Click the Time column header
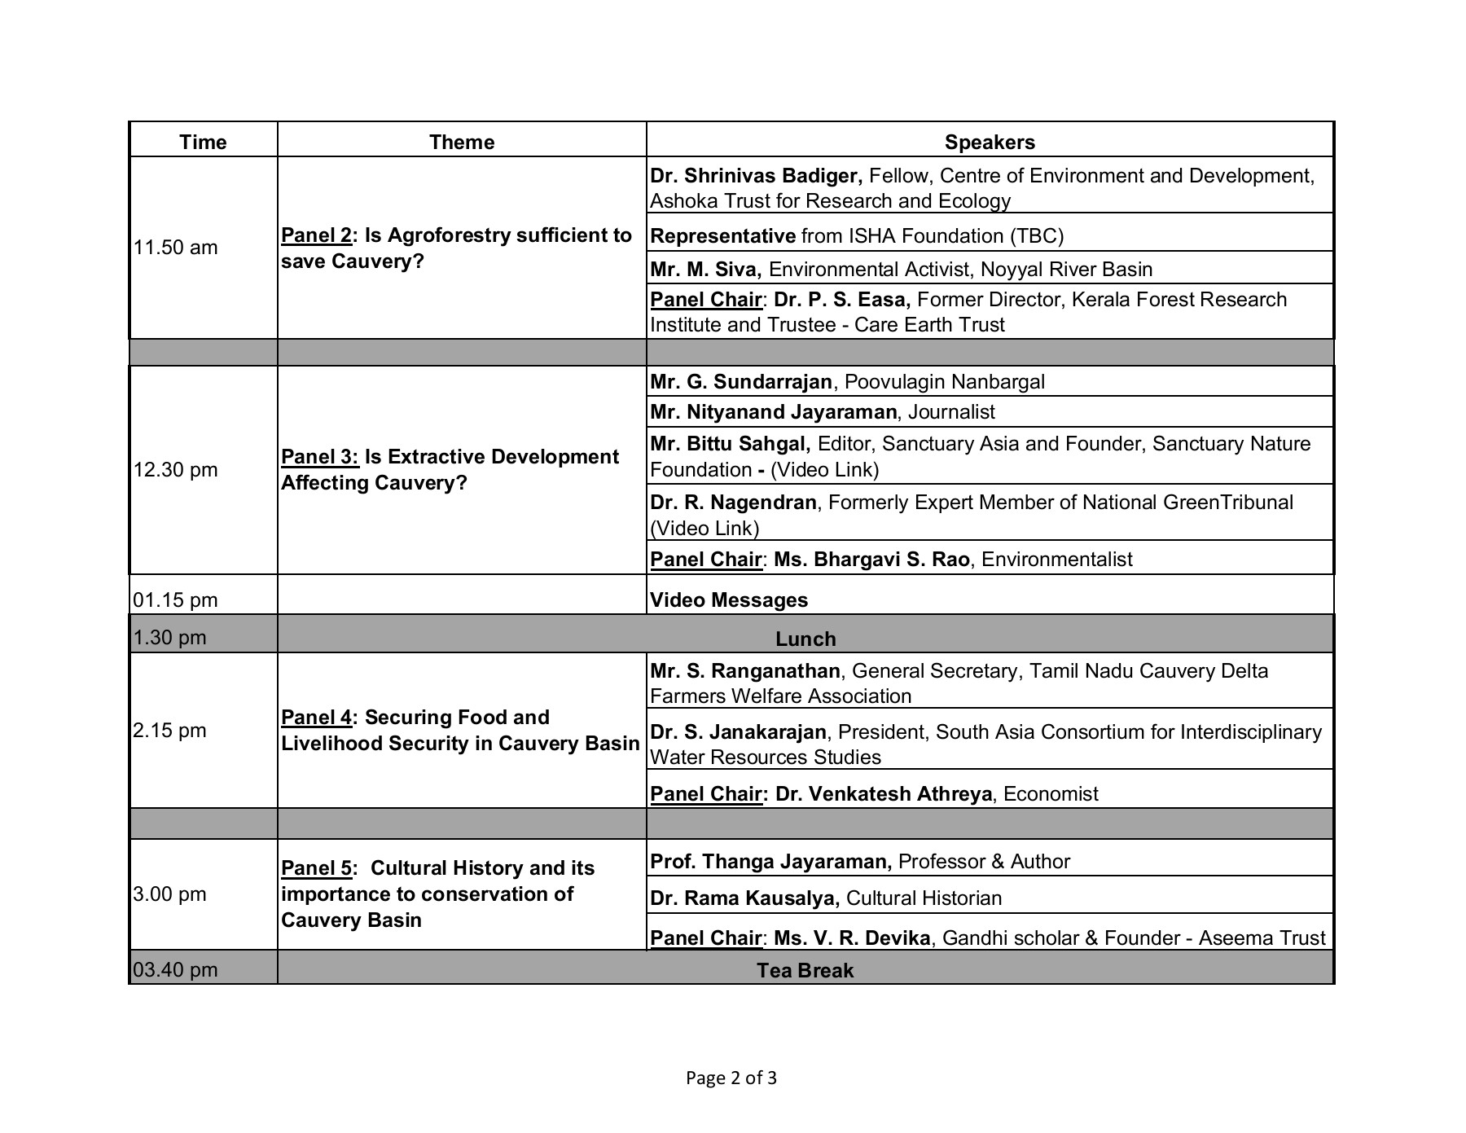click(203, 142)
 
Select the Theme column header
click(462, 142)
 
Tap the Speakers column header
click(990, 142)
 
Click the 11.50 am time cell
click(176, 248)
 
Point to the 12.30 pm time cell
click(176, 470)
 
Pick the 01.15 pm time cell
click(176, 600)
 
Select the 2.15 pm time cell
click(169, 731)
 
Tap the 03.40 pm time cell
click(176, 970)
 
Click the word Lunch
click(805, 639)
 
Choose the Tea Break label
click(805, 970)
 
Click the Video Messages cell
click(729, 600)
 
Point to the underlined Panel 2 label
click(317, 235)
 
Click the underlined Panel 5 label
click(317, 868)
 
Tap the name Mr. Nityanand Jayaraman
click(774, 412)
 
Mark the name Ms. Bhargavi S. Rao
click(871, 560)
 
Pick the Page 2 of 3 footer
click(731, 1078)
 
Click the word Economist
click(1051, 794)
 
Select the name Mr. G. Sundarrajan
click(741, 382)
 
